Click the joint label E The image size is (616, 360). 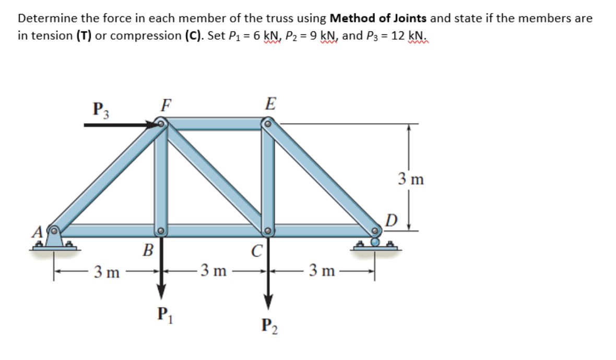point(270,104)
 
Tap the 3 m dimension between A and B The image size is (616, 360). point(107,271)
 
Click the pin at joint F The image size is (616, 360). point(161,124)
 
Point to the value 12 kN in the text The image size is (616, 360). point(411,35)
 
